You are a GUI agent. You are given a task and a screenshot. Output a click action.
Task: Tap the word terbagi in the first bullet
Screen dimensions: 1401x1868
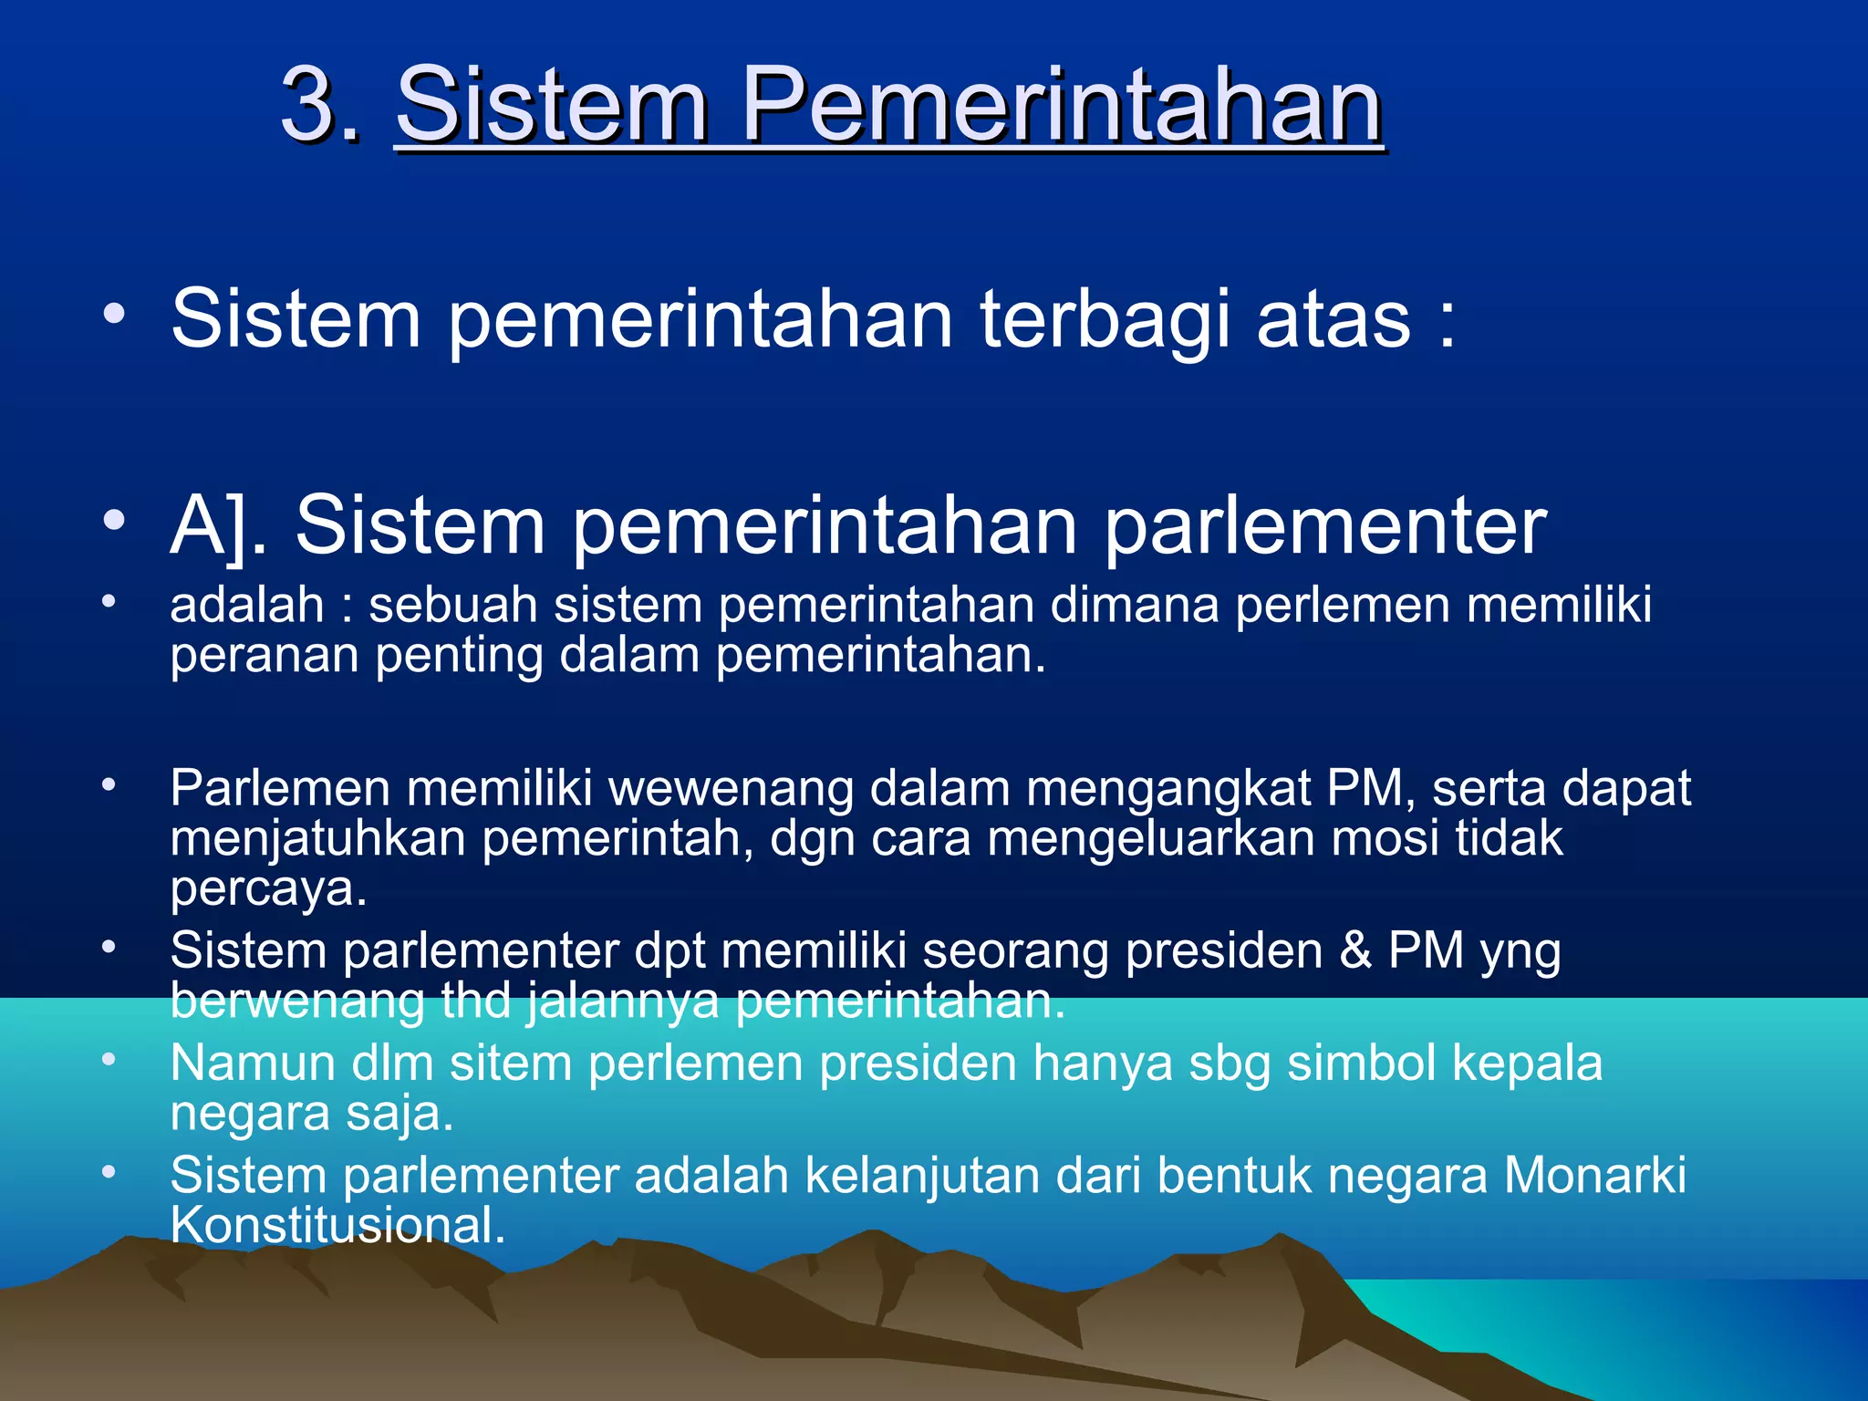pyautogui.click(x=1105, y=318)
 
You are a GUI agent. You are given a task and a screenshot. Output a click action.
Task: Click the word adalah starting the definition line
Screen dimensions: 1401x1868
pyautogui.click(x=246, y=605)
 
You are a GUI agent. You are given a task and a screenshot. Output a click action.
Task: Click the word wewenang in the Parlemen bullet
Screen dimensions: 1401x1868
pyautogui.click(x=731, y=788)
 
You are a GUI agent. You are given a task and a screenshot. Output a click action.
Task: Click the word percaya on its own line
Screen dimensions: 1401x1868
pyautogui.click(x=267, y=888)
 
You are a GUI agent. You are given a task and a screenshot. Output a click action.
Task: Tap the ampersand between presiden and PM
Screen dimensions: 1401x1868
pyautogui.click(x=1355, y=950)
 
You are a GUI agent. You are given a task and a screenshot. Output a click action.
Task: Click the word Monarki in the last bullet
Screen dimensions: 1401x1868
pyautogui.click(x=1594, y=1175)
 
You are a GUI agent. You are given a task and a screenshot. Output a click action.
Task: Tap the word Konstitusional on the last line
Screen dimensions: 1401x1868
pyautogui.click(x=337, y=1225)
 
